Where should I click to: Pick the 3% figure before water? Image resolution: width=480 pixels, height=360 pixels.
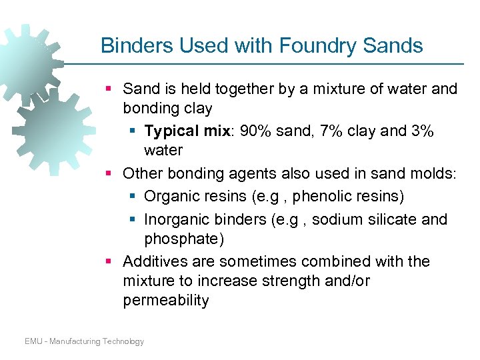[421, 131]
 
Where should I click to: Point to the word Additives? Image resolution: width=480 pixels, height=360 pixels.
[154, 261]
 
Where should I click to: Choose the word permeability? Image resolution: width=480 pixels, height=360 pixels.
[165, 301]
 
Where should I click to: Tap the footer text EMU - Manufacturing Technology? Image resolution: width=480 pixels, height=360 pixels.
[84, 341]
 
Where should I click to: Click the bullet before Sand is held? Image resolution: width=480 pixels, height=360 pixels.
[109, 89]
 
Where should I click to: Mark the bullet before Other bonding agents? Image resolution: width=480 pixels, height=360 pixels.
[109, 174]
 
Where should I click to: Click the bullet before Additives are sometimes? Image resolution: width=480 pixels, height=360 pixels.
[109, 262]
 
